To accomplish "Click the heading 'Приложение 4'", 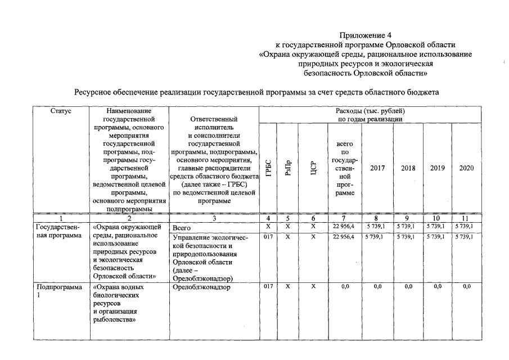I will (x=366, y=35).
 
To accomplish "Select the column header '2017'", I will (x=377, y=168).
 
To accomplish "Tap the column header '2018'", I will (x=408, y=168).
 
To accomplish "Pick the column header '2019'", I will (x=437, y=168).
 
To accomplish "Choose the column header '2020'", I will (x=466, y=168).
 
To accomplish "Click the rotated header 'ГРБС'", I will (x=268, y=168).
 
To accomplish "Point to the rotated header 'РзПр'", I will (x=287, y=168).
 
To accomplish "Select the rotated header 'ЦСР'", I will (x=313, y=168).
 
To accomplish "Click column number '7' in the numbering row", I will (x=345, y=219).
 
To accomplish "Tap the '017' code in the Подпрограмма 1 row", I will (x=268, y=287).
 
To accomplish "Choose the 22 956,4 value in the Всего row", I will (x=345, y=226).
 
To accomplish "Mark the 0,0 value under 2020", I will (x=466, y=287).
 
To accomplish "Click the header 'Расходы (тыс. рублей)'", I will (x=370, y=111).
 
